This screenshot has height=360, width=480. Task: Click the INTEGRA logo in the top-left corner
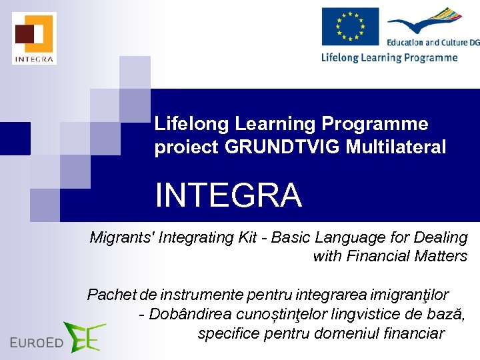pyautogui.click(x=34, y=38)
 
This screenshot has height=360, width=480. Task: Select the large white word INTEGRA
pyautogui.click(x=229, y=195)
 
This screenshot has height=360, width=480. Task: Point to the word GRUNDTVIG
pyautogui.click(x=283, y=147)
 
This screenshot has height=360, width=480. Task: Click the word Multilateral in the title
pyautogui.click(x=396, y=147)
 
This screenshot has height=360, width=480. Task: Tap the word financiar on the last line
pyautogui.click(x=415, y=333)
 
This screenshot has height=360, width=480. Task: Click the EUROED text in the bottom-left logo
pyautogui.click(x=37, y=343)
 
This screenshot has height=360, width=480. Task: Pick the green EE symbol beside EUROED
pyautogui.click(x=84, y=337)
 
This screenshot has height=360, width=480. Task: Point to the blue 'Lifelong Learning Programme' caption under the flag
pyautogui.click(x=389, y=57)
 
